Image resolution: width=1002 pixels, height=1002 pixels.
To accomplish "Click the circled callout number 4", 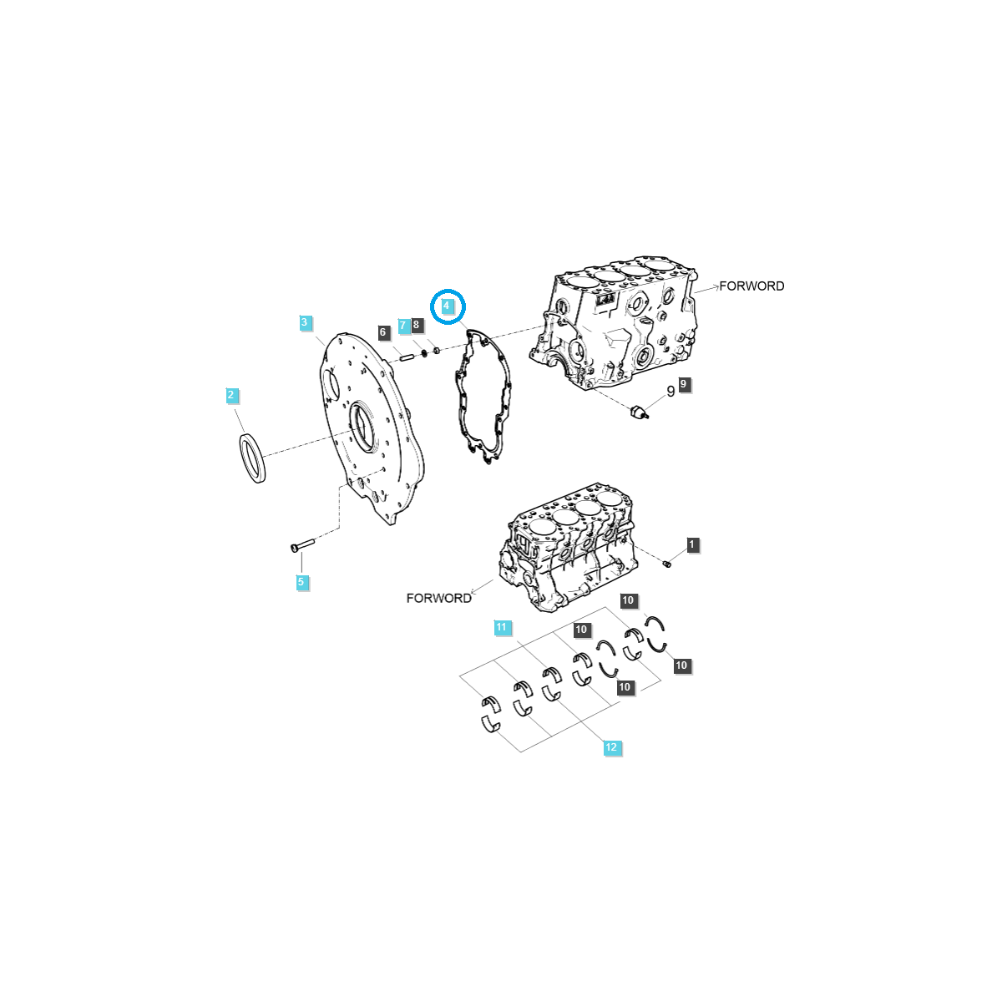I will [447, 306].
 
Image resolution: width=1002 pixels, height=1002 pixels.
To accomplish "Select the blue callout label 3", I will [305, 322].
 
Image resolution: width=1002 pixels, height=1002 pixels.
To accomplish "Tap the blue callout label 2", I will [232, 395].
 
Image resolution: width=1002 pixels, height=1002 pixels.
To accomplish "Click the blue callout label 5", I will [302, 582].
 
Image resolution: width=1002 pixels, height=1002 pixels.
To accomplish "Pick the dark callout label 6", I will [383, 332].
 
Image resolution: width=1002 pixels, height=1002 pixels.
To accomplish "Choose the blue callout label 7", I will [403, 325].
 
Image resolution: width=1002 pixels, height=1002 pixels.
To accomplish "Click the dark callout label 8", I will [417, 325].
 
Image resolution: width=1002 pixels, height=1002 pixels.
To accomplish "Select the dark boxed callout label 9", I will [684, 384].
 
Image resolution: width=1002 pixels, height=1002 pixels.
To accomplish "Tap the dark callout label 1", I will [691, 544].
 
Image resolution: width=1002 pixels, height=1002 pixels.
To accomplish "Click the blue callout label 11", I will [501, 627].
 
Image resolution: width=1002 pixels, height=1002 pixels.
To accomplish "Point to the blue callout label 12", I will [611, 747].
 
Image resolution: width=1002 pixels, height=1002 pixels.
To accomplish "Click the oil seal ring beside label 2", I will [252, 458].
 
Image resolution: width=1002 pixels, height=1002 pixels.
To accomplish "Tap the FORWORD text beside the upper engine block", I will [751, 286].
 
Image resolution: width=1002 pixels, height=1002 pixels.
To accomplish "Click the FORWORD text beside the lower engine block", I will [438, 598].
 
